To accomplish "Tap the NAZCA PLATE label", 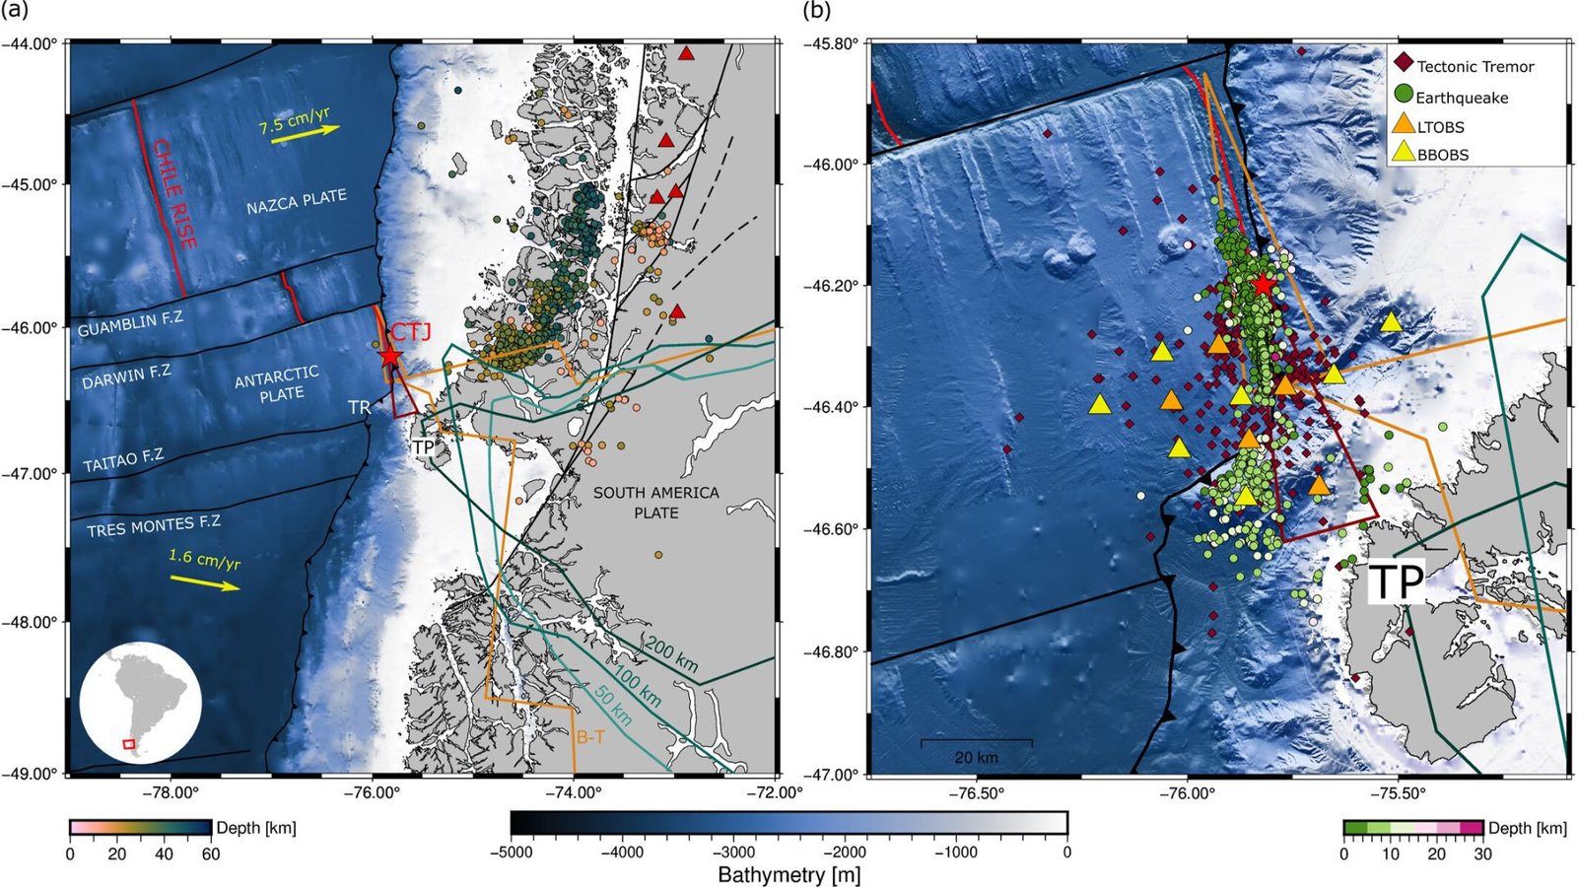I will (x=297, y=202).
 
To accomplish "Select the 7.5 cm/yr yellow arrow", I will (x=306, y=135).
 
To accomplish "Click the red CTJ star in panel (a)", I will (x=390, y=355).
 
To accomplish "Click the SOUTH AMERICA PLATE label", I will (x=655, y=503).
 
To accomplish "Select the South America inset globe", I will (x=140, y=703).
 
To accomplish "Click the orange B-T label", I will (x=591, y=736).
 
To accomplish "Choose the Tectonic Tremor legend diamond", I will (x=1403, y=66).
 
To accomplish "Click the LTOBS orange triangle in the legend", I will (x=1403, y=124).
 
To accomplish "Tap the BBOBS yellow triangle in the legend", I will (x=1403, y=153).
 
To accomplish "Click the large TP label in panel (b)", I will (x=1397, y=582).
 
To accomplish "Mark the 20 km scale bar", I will (x=976, y=741).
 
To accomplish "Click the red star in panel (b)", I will (x=1264, y=284).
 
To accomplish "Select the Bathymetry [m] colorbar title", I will (x=788, y=874).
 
